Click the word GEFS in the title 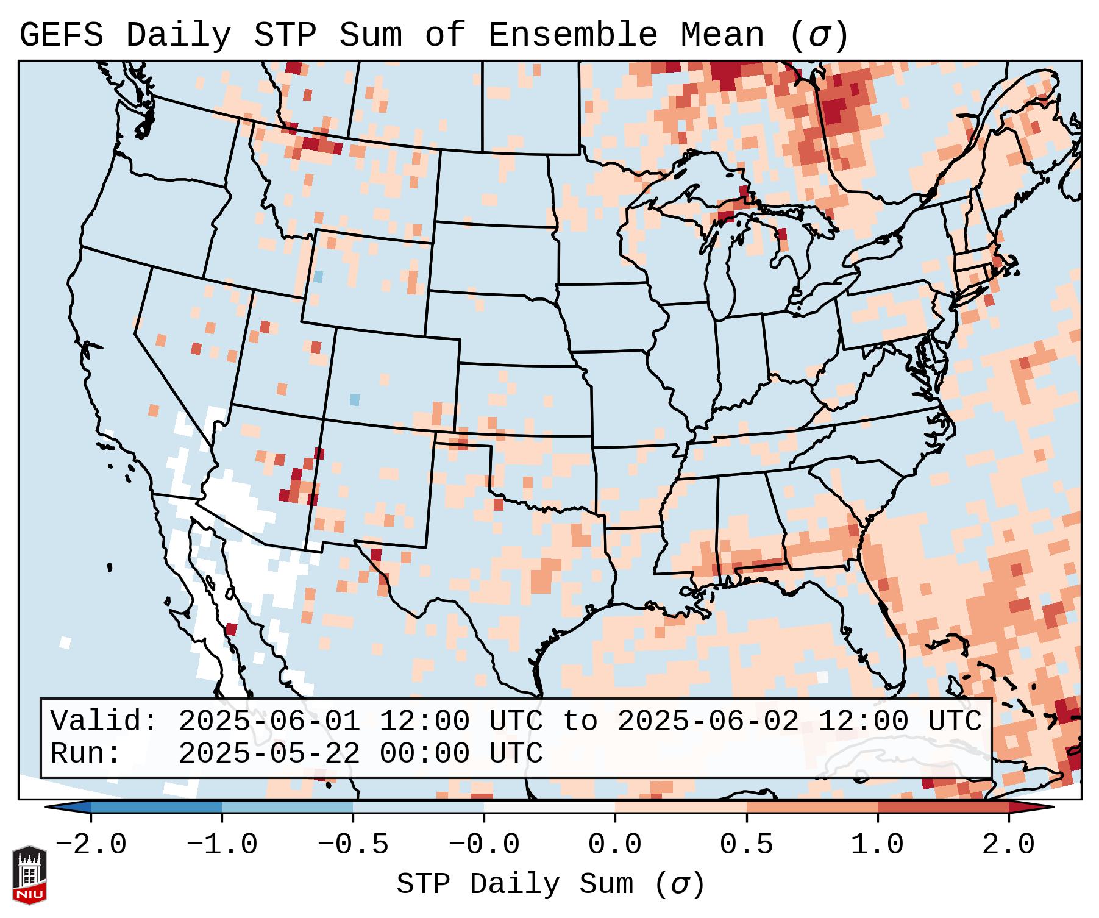(61, 35)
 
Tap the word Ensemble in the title (573, 35)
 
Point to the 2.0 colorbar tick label (1009, 845)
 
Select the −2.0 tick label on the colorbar (91, 845)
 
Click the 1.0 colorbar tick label (877, 845)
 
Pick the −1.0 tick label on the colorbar (222, 845)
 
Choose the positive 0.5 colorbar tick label (746, 845)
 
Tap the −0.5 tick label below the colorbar (353, 845)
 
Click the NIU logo (29, 875)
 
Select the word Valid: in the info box (104, 721)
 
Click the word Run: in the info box (86, 753)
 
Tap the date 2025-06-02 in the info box (708, 721)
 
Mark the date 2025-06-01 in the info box (269, 721)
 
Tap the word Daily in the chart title (179, 35)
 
